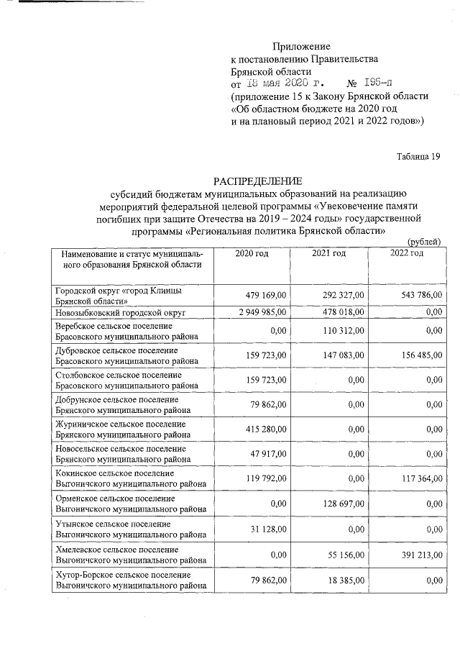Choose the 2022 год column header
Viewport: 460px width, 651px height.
click(407, 252)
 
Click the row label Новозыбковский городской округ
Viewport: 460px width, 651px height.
click(121, 313)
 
